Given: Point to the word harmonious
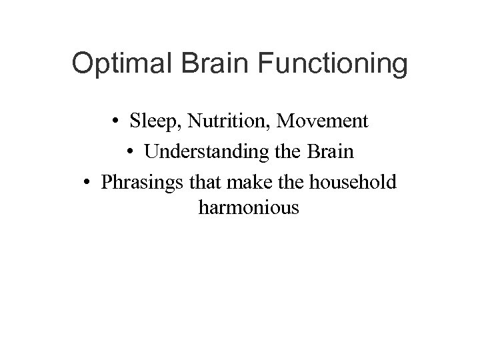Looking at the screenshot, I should pyautogui.click(x=249, y=209).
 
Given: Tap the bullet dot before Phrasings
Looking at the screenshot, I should pyautogui.click(x=89, y=181).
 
